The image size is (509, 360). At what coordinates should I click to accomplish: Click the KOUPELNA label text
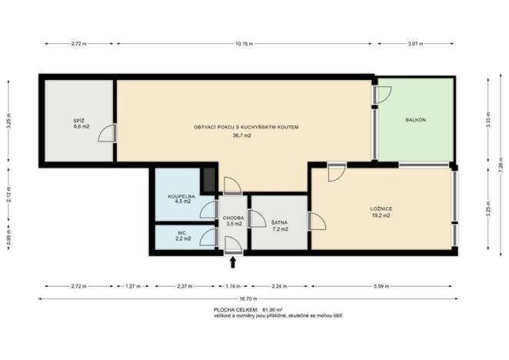(181, 197)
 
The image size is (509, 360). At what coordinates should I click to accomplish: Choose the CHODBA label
(233, 218)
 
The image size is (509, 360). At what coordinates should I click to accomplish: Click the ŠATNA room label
(279, 222)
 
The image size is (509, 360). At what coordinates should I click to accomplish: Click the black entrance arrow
(233, 262)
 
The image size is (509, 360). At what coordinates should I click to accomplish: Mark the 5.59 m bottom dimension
(382, 286)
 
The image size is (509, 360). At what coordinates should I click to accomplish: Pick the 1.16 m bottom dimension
(233, 286)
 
